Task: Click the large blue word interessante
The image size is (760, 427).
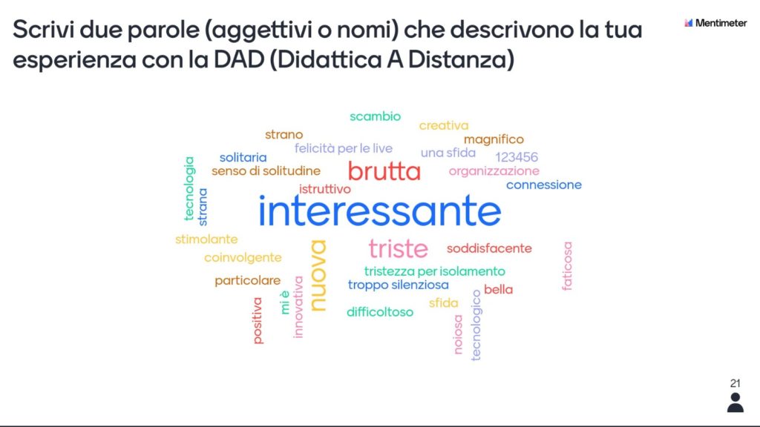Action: (x=379, y=211)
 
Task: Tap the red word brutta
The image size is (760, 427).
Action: (x=384, y=171)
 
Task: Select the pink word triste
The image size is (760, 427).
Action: (x=398, y=249)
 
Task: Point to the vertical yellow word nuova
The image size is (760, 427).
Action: (x=318, y=276)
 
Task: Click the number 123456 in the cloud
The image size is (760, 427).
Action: (x=517, y=157)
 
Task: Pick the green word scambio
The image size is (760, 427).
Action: (x=375, y=116)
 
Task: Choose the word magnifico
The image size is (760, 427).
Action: (x=494, y=139)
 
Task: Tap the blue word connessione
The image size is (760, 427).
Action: (x=544, y=185)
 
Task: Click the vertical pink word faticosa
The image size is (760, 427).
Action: (x=567, y=266)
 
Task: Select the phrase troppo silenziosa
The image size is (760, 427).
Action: (x=399, y=285)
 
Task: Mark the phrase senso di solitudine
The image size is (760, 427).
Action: (x=266, y=171)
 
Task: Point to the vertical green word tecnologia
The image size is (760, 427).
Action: (x=189, y=188)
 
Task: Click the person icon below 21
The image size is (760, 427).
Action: (x=736, y=403)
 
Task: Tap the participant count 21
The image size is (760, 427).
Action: (x=736, y=383)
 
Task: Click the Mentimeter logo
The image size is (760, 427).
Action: (x=715, y=23)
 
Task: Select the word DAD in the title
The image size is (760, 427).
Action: (x=239, y=59)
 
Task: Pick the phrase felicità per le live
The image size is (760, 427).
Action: (x=343, y=148)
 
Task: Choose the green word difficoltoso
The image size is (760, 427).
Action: (x=380, y=312)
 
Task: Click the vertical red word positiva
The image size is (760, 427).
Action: (x=258, y=320)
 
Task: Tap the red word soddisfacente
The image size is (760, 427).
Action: (x=489, y=248)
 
